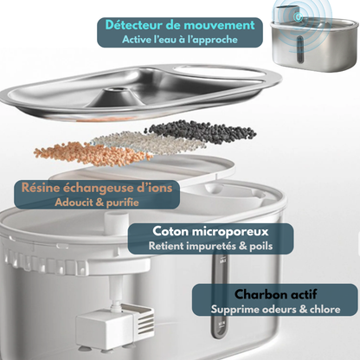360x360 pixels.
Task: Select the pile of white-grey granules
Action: point(130,141)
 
